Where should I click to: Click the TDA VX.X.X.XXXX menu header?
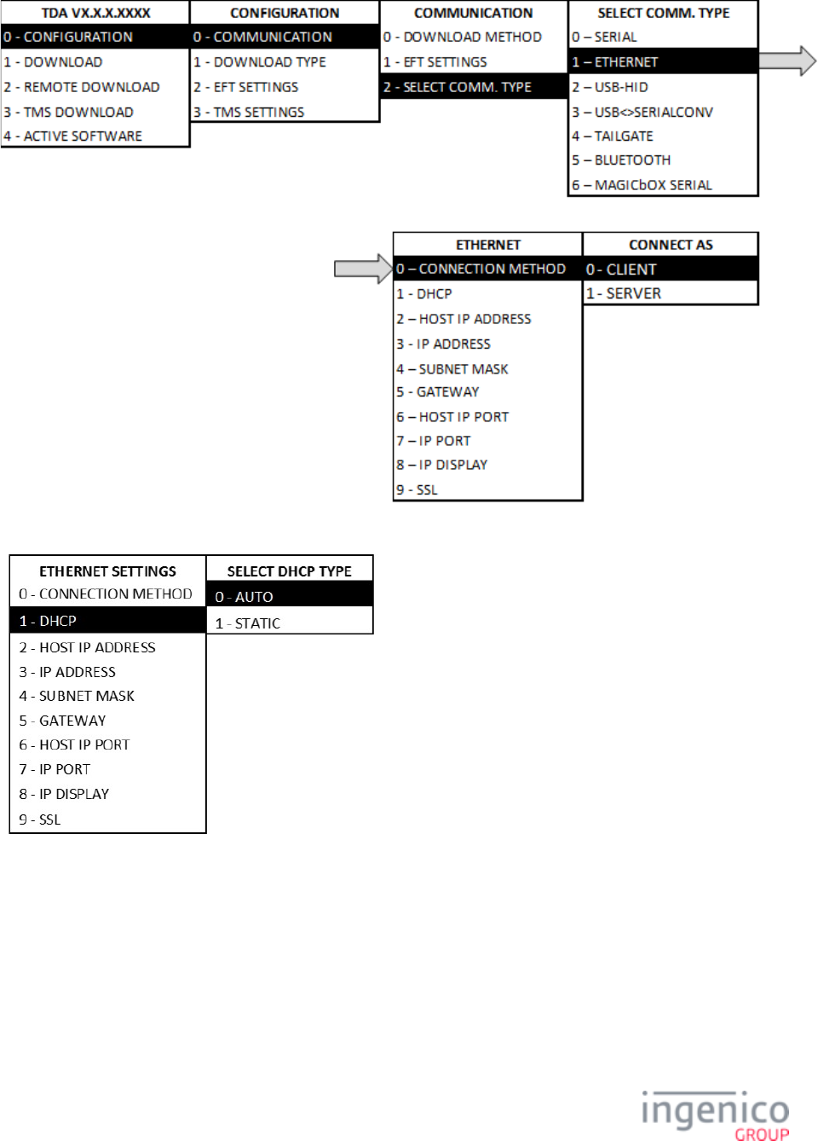click(95, 13)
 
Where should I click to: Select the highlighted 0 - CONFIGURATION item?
click(68, 37)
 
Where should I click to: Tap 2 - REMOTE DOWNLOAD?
click(82, 87)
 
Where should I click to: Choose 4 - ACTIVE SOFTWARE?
click(73, 136)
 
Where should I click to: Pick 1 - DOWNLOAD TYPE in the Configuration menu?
click(260, 62)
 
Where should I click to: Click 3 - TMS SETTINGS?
click(249, 112)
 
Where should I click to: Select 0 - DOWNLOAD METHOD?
click(463, 37)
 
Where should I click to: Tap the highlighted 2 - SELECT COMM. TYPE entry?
click(458, 87)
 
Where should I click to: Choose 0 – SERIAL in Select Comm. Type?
click(605, 37)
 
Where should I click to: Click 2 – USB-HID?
click(610, 87)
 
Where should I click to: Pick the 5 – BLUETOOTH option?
click(622, 160)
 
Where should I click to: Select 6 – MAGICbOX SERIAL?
click(642, 185)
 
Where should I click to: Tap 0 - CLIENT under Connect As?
click(621, 269)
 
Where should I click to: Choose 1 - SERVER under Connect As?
click(624, 293)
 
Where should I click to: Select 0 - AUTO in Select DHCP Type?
click(245, 597)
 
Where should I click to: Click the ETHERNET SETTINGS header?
click(108, 571)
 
